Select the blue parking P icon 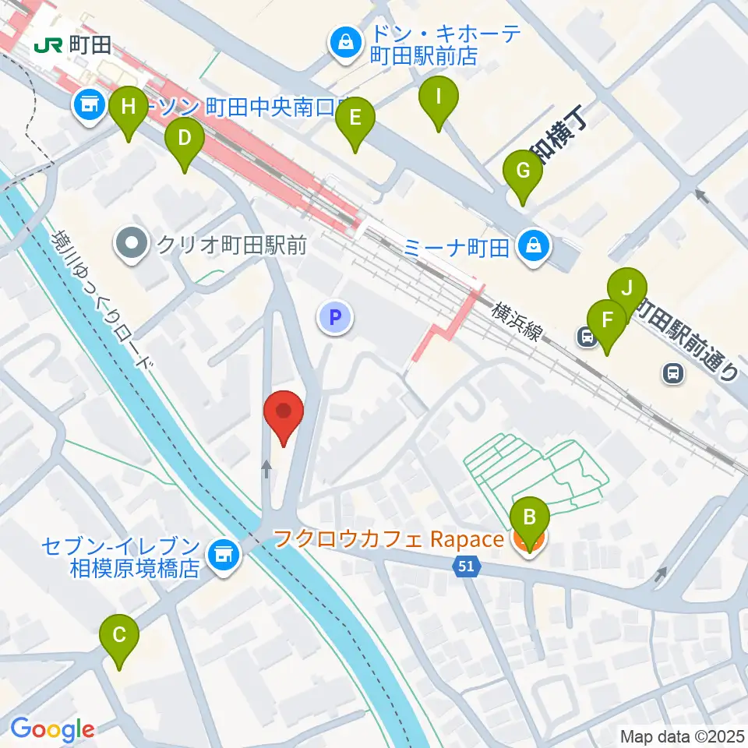pos(335,317)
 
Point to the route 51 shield pos(465,570)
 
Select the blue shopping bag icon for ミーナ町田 pos(535,249)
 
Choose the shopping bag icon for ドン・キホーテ pos(343,43)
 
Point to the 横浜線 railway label pos(517,320)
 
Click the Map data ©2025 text pos(682,736)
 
